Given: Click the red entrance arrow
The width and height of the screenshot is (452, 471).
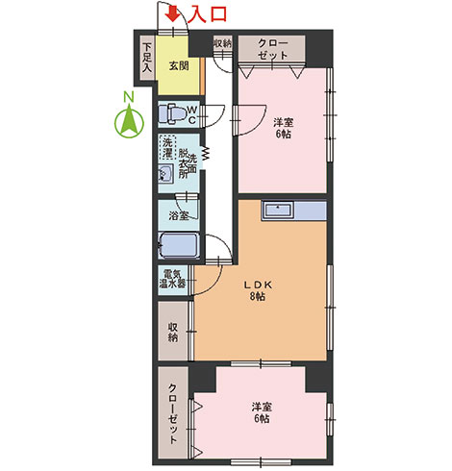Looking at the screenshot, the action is [173, 14].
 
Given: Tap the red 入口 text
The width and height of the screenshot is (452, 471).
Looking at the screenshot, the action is [207, 14].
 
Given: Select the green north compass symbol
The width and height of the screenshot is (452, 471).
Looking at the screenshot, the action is [129, 119].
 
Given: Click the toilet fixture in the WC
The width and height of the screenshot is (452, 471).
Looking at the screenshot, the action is [172, 113].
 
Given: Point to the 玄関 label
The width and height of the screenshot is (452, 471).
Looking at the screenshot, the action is [179, 66].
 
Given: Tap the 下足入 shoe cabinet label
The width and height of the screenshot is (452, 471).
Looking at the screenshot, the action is [147, 58].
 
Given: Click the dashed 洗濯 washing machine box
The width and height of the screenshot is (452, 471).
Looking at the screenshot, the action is [168, 147].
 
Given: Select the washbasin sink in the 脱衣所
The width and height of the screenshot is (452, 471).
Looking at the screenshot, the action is [165, 174].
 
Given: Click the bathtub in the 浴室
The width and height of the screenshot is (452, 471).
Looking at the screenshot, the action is [179, 245].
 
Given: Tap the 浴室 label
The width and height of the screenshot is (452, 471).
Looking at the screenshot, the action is [179, 216].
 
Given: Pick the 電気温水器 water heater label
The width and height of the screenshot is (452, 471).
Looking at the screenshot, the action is [173, 279].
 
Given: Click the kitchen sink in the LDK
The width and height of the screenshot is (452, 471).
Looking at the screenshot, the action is [277, 211].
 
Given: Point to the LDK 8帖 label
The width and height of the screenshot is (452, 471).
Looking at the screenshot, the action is [258, 290].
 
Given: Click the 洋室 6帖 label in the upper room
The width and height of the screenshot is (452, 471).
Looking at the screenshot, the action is [284, 128].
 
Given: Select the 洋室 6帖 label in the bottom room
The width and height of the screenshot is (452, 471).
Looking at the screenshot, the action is [262, 412].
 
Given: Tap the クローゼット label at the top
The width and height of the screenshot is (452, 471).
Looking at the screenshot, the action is [272, 49].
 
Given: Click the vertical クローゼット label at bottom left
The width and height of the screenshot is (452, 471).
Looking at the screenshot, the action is [172, 413].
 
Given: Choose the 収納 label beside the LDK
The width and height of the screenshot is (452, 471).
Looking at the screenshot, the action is [173, 333].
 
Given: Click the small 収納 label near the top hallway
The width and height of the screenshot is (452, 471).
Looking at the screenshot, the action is [222, 43].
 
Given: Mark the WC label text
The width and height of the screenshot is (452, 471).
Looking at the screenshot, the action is [192, 114].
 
